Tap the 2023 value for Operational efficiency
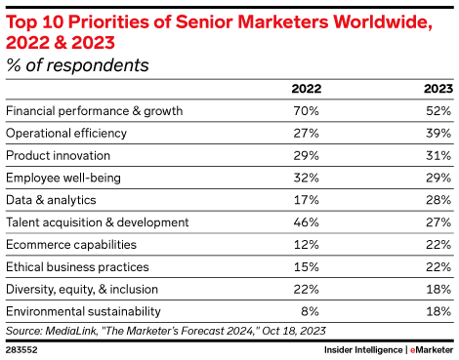coord(437,133)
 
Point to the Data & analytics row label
coord(53,199)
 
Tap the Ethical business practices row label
coord(77,265)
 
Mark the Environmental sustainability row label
coord(84,310)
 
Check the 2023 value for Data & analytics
coord(437,199)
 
